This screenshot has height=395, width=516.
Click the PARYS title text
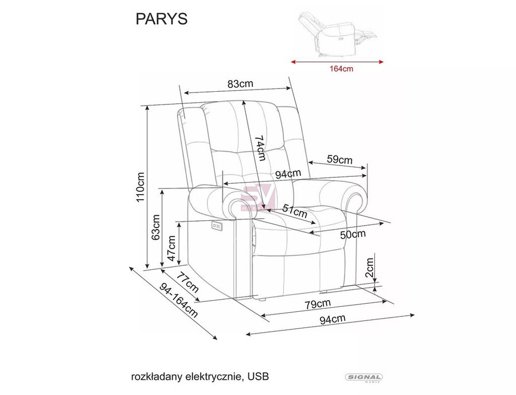coord(161,19)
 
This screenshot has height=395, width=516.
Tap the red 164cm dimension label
coord(341,69)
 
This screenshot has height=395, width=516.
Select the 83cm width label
coord(241,84)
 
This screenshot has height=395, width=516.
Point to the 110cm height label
coord(140,187)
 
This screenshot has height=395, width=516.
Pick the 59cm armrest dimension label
coord(339,160)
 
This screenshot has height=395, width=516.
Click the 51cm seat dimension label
coord(295,211)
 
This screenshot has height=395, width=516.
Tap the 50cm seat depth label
coord(353,234)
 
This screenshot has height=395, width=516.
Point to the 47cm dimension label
coord(171,249)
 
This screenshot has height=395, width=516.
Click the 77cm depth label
coord(187,282)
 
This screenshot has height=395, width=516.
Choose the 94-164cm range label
coord(179,301)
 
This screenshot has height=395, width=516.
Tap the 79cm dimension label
coord(317,303)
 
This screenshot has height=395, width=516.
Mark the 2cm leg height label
coord(370,268)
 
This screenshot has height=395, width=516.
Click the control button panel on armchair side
coord(217,226)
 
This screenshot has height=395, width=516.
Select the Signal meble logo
coord(363,378)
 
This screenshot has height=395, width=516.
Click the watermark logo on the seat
coord(257,197)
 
